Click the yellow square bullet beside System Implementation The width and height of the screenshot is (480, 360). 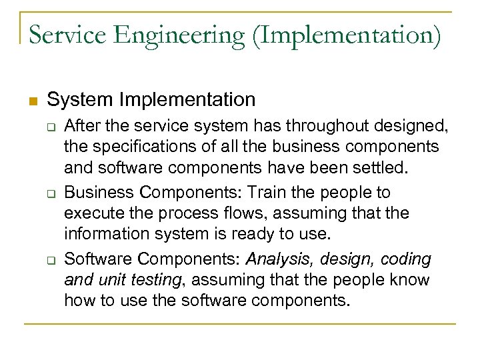(31, 101)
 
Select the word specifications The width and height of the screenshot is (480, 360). (143, 146)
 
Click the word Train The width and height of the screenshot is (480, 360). (269, 193)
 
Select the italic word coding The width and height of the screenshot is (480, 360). (406, 258)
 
